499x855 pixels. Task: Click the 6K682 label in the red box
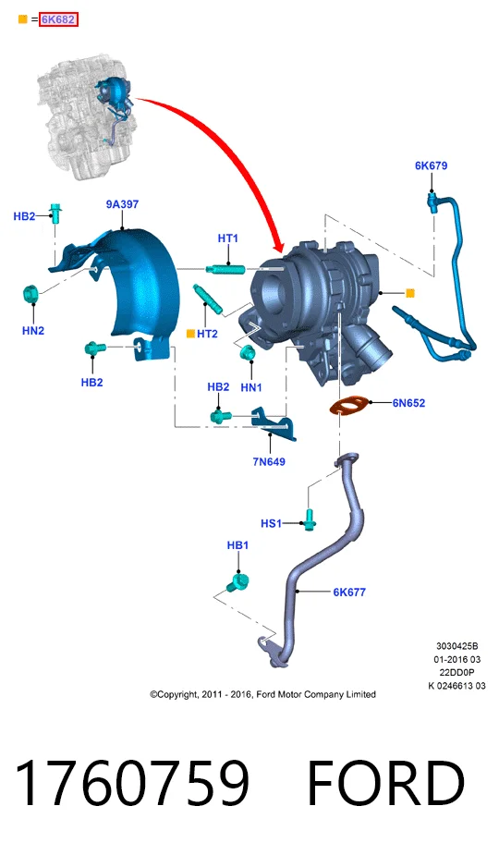pos(58,19)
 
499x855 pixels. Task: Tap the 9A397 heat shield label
pos(122,204)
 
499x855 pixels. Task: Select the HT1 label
pos(228,238)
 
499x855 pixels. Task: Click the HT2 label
pos(207,334)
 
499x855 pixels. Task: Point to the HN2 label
pos(33,330)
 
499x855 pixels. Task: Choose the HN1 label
pos(251,387)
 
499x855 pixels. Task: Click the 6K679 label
pos(431,165)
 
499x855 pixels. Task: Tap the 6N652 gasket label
pos(408,404)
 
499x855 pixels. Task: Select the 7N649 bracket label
pos(269,462)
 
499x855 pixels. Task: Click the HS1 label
pos(271,524)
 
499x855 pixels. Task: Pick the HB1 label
pos(237,545)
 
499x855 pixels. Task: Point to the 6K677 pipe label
pos(349,592)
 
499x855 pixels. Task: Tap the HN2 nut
pos(30,295)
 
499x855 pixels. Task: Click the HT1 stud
pos(225,269)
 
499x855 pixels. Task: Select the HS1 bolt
pos(310,519)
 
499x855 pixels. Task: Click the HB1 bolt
pos(237,582)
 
